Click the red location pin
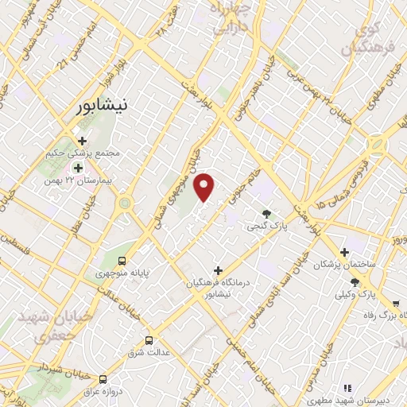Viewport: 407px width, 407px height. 205,187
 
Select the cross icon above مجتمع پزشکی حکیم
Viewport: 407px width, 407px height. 82,140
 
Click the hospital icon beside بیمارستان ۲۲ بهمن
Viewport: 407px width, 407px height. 78,167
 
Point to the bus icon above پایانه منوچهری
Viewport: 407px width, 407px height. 122,261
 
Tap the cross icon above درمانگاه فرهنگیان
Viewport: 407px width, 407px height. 218,271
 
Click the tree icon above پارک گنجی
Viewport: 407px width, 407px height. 266,213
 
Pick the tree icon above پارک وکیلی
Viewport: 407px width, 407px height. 355,282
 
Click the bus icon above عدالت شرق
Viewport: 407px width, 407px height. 149,341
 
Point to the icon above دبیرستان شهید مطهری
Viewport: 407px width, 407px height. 347,388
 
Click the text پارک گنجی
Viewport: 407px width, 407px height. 266,227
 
